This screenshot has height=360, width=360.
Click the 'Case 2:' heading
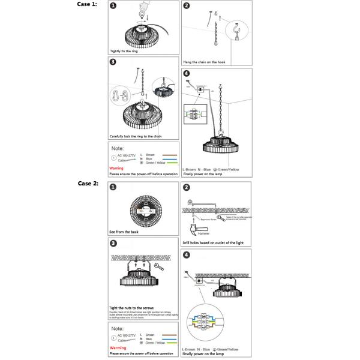pos(86,184)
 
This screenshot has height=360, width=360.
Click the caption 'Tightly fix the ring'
pos(125,52)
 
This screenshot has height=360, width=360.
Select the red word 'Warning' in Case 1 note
pos(116,169)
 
